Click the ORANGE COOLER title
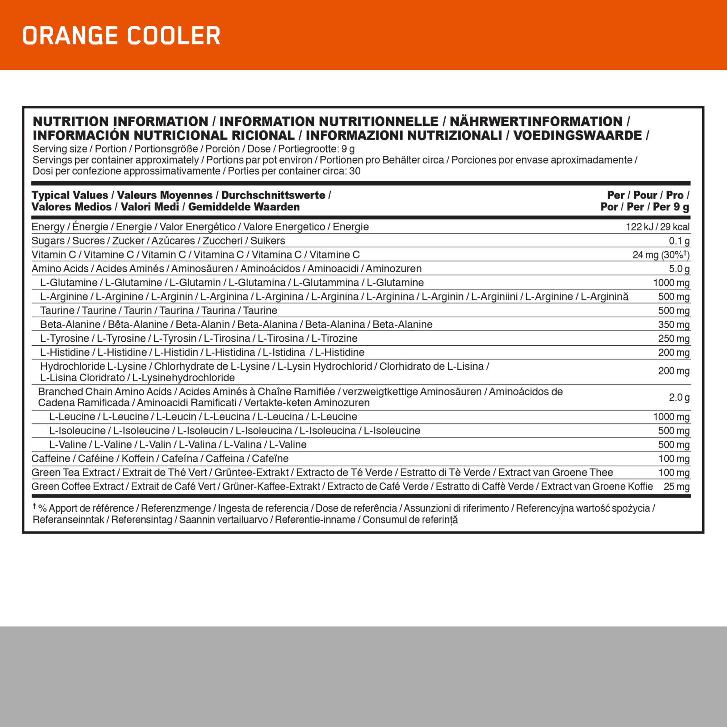click(121, 36)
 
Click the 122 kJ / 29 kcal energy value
click(657, 227)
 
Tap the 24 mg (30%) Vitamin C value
click(661, 255)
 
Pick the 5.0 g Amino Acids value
click(679, 269)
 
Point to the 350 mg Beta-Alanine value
click(673, 325)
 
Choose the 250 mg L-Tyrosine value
click(673, 339)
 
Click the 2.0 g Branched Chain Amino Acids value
click(679, 398)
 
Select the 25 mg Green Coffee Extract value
click(677, 487)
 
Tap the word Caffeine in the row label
click(51, 459)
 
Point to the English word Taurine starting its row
click(57, 311)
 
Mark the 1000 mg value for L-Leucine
click(671, 417)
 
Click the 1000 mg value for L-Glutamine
click(671, 283)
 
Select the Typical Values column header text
click(70, 195)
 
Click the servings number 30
click(355, 171)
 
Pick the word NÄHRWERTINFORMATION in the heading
click(536, 122)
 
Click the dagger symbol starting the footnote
click(34, 506)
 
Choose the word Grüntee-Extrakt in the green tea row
click(252, 473)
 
